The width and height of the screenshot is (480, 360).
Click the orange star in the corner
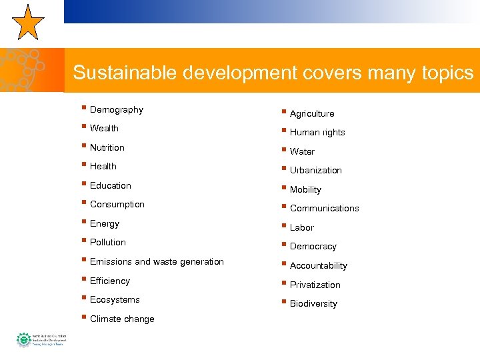[x=27, y=22]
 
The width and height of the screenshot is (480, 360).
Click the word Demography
[x=116, y=109]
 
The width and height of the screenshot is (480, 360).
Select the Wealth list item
[x=104, y=128]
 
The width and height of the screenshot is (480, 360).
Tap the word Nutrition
[x=107, y=147]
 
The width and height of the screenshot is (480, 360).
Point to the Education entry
[x=110, y=185]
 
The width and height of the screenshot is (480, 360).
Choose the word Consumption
[x=117, y=204]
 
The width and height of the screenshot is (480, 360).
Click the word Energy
[x=104, y=223]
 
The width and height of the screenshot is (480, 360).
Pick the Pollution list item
[x=107, y=242]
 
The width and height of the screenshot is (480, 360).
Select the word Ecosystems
[x=115, y=299]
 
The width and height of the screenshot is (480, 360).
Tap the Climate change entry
[x=121, y=319]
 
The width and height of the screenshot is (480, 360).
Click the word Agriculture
[x=312, y=113]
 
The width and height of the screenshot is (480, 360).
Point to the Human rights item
[x=317, y=132]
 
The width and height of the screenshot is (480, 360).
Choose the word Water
[x=302, y=151]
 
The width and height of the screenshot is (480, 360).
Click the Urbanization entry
[x=315, y=170]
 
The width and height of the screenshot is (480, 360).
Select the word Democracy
[x=313, y=246]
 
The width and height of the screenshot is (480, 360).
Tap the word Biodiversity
[x=313, y=303]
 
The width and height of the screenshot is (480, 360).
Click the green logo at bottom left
[x=25, y=340]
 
